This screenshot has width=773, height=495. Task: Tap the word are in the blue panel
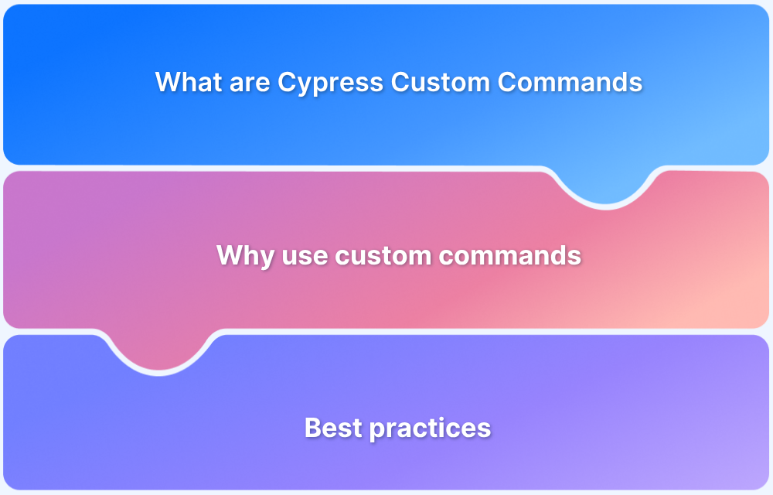click(x=250, y=83)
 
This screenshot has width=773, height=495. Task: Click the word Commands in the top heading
click(x=570, y=82)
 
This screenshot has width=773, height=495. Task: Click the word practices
click(x=427, y=428)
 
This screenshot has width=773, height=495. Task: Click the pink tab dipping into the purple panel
click(x=158, y=352)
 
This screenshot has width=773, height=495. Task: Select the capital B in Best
click(x=312, y=428)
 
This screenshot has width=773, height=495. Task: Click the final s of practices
click(x=485, y=428)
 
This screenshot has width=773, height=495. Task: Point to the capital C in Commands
click(x=506, y=82)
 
